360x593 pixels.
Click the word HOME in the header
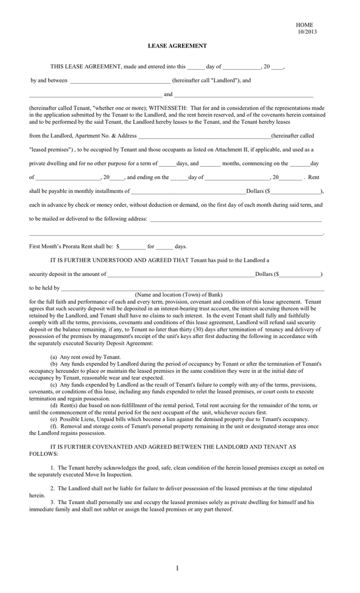(x=305, y=24)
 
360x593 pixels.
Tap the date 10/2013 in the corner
(x=307, y=31)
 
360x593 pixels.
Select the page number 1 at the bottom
(x=177, y=569)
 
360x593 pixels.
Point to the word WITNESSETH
(x=167, y=107)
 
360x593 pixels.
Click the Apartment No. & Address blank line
(x=204, y=135)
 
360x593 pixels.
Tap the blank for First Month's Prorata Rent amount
(x=132, y=246)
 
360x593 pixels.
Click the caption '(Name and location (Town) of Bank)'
(x=178, y=294)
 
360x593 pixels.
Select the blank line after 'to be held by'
(x=191, y=288)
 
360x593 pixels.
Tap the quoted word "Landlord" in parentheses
(x=213, y=80)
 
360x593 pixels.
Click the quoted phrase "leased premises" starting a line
(x=51, y=149)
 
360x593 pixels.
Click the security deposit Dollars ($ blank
(x=300, y=274)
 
